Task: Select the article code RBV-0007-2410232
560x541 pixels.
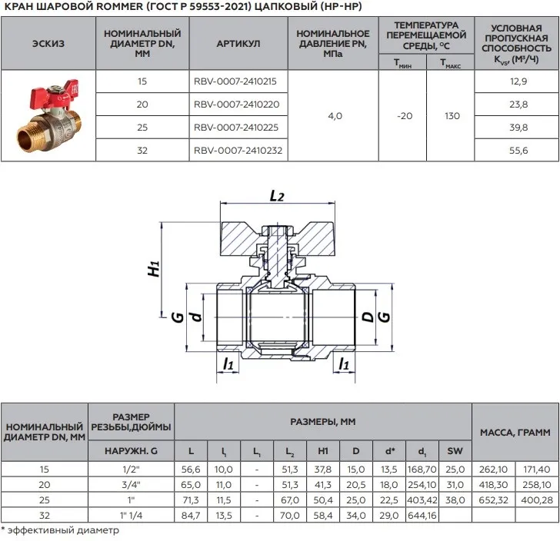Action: [238, 151]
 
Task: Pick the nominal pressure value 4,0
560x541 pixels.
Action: [335, 116]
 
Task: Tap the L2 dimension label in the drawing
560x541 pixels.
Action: [277, 196]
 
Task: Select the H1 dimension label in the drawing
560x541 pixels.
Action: [153, 268]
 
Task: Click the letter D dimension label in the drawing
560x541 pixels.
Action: [367, 316]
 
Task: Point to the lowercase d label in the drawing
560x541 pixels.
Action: [195, 316]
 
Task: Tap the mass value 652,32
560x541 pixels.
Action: [494, 495]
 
